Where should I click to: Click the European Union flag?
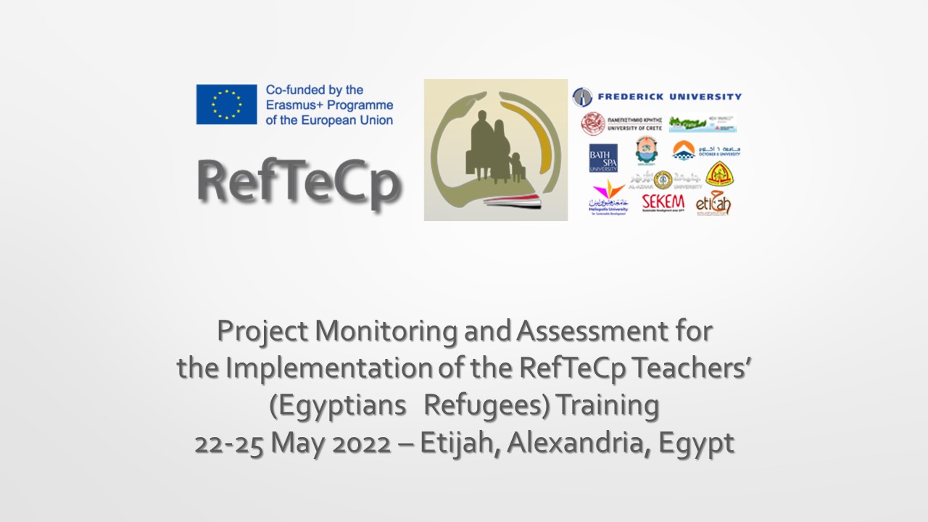[x=226, y=104]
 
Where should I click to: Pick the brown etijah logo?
[x=713, y=204]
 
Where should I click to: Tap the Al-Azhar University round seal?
[x=663, y=179]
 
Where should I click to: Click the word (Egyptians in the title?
[x=338, y=405]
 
